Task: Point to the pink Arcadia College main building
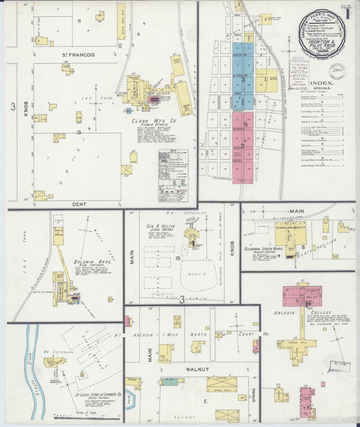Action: click(x=301, y=296)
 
